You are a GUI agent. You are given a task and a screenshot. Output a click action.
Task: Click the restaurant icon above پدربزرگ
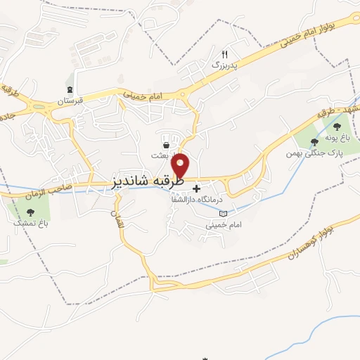click(x=225, y=53)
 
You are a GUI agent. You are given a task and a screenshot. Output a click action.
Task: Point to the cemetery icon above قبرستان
click(x=70, y=89)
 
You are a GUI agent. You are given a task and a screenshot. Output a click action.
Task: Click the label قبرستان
click(x=70, y=101)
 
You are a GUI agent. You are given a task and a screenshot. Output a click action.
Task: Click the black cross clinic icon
click(x=196, y=188)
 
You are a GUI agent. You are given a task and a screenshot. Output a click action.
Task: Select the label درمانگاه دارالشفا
click(x=191, y=200)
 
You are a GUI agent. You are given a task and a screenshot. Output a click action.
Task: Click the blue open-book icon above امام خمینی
click(x=224, y=214)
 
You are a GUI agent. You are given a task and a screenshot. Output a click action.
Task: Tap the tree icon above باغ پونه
click(x=336, y=127)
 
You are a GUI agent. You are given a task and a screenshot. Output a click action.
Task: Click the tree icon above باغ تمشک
click(x=28, y=211)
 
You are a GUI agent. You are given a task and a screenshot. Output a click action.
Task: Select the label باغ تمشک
click(x=28, y=222)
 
